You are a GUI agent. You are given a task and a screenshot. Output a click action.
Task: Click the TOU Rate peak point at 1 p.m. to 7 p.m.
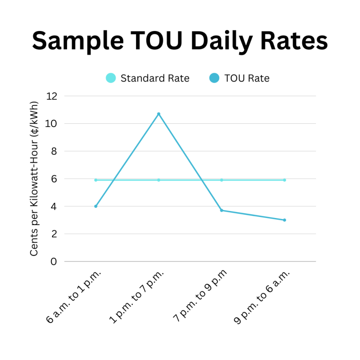coord(159,114)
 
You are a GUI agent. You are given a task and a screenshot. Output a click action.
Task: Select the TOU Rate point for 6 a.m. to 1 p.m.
coord(96,206)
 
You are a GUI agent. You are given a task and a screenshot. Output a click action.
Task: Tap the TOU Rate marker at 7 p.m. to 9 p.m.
coord(222,210)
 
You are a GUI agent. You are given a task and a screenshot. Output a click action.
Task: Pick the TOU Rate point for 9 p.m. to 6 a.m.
coord(285,220)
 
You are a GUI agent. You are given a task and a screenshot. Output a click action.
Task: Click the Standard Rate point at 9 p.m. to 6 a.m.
coord(285,180)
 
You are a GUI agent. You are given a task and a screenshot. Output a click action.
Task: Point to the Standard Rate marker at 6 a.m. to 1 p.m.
coord(96,180)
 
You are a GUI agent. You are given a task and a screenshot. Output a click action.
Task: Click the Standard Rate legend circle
coord(111,78)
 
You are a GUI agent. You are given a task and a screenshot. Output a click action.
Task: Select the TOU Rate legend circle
coord(214,78)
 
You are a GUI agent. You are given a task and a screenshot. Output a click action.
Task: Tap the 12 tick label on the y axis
coord(52,96)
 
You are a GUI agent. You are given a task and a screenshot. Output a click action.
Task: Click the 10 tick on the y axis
coord(52,124)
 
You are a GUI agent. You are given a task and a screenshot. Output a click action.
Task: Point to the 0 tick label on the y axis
coord(54,262)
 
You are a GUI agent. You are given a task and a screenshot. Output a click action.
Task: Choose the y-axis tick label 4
coord(54,206)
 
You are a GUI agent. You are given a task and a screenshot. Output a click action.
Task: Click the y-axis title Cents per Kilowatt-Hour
coord(34,179)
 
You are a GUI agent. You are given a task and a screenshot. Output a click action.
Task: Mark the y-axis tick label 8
coord(54,151)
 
